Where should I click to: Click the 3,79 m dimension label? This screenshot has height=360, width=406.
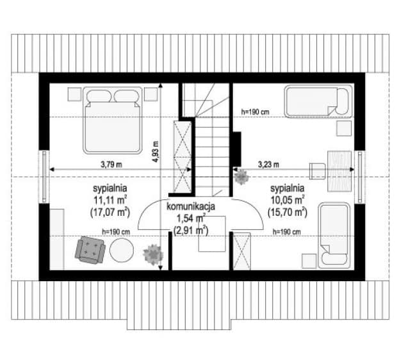[x=111, y=164]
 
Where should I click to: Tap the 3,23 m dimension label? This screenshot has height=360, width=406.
[x=268, y=164]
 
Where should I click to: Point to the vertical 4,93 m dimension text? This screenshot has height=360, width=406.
[x=156, y=152]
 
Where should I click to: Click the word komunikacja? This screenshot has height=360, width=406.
[x=191, y=206]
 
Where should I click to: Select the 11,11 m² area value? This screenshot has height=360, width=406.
[x=110, y=200]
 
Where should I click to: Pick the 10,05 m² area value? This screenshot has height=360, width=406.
[x=288, y=200]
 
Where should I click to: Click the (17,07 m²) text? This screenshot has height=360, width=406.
[x=110, y=213]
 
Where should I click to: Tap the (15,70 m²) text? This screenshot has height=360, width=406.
[x=288, y=213]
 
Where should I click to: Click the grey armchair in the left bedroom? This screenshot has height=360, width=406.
[x=90, y=250]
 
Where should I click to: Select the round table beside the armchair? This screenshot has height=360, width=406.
[x=122, y=250]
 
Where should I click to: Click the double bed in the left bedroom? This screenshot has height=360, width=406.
[x=113, y=120]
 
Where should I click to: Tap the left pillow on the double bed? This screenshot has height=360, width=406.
[x=99, y=96]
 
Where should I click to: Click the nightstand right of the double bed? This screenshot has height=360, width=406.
[x=151, y=94]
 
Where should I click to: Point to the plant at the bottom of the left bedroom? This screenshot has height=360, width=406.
[x=153, y=254]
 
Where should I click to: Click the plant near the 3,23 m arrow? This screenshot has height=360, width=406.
[x=241, y=177]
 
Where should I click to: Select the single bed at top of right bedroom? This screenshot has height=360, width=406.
[x=318, y=102]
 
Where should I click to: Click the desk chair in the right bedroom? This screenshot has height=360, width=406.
[x=318, y=171]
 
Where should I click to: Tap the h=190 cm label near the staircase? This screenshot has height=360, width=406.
[x=255, y=112]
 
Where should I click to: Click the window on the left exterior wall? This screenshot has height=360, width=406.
[x=44, y=177]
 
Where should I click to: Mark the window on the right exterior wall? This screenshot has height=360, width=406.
[x=360, y=177]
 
